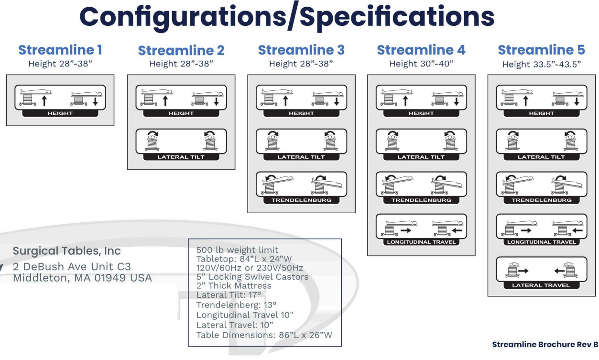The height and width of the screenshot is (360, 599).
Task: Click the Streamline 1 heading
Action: coord(60,50)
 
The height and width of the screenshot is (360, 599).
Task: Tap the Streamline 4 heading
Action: coord(421,50)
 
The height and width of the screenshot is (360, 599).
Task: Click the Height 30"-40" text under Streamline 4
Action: coord(421,64)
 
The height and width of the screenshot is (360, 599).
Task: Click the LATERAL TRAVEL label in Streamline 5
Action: coord(541,285)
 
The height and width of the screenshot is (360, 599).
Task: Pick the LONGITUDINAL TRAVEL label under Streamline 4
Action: coord(421,242)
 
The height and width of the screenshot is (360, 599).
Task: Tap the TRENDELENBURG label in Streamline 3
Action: coord(301,200)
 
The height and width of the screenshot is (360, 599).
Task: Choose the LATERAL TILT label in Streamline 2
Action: coord(181,157)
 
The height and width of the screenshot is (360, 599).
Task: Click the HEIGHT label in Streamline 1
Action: coord(60,114)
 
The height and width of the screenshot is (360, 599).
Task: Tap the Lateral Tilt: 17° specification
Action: coord(227,295)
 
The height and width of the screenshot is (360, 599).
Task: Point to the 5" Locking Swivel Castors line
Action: coord(252,276)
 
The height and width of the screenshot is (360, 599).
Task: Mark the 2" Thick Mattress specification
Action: coord(234,285)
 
